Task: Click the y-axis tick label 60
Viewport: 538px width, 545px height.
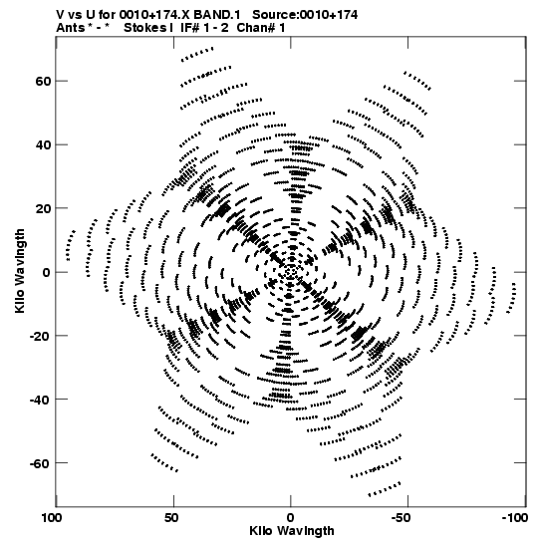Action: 43,81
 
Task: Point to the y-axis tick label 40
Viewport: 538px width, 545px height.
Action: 43,144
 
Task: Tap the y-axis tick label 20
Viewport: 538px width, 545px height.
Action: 43,208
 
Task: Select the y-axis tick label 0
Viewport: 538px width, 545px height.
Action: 47,272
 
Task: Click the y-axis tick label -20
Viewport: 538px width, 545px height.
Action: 40,336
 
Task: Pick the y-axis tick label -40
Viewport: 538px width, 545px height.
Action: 40,400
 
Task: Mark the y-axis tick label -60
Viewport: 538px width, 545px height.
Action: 40,463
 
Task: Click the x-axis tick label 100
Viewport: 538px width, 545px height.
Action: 52,518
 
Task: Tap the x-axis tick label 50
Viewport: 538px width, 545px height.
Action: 171,518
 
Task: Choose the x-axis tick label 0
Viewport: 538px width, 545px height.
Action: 290,518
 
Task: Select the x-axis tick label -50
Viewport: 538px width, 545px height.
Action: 405,518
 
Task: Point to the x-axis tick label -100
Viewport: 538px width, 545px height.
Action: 515,518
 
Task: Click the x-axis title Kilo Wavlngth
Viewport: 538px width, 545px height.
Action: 292,531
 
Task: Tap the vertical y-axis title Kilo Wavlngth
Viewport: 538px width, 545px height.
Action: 20,271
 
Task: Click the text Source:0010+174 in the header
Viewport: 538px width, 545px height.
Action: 305,15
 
